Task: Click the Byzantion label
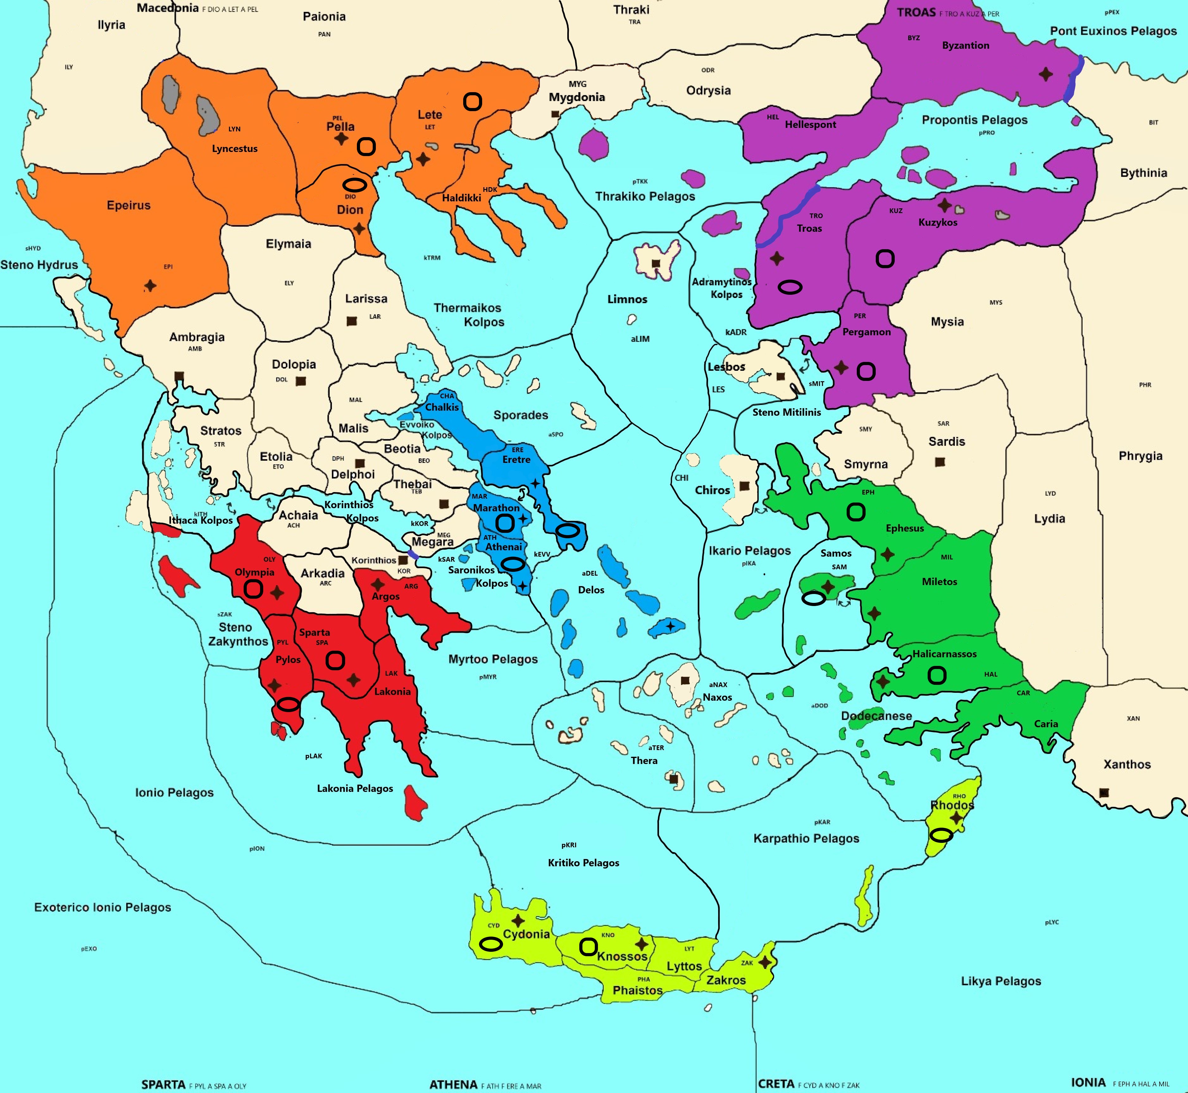click(965, 46)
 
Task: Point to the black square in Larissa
click(352, 321)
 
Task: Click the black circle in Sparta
click(335, 660)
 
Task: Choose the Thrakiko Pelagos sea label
click(645, 196)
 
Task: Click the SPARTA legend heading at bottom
click(163, 1084)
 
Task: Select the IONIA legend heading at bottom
click(1088, 1082)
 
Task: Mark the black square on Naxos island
click(685, 681)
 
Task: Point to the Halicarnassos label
click(944, 654)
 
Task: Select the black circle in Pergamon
click(866, 371)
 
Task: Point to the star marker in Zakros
click(765, 962)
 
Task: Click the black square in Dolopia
click(301, 381)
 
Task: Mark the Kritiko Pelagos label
click(583, 863)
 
